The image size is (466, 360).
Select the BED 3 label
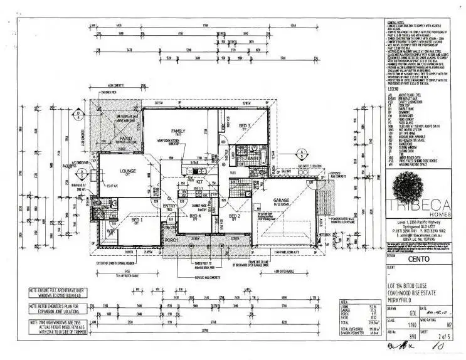245,125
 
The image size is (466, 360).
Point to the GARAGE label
280,201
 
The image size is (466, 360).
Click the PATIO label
110,139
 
